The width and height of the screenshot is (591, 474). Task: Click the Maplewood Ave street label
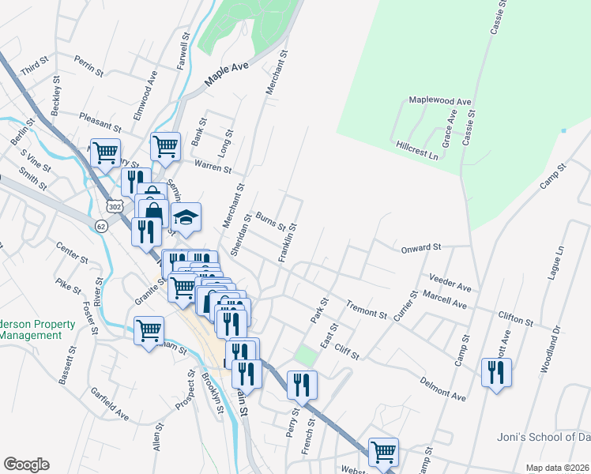point(439,101)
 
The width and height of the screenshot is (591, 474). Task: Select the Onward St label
point(420,247)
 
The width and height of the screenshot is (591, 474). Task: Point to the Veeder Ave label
point(450,280)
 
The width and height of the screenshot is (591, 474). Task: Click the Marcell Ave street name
point(446,301)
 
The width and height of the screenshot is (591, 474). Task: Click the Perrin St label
point(89,65)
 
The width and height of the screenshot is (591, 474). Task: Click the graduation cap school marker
point(186,219)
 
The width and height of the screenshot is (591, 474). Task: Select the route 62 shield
point(100,227)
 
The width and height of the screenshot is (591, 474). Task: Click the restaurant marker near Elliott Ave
point(496,372)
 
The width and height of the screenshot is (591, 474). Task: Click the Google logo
point(26,465)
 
